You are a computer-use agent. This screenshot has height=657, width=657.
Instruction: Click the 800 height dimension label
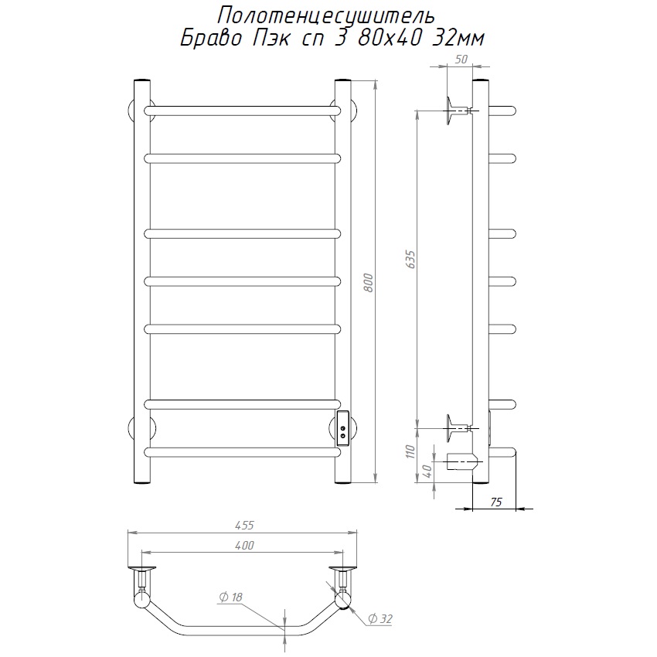(367, 283)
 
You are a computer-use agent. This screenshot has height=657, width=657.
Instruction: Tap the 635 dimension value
(410, 260)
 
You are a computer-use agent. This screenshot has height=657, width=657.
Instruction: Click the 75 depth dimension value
(495, 502)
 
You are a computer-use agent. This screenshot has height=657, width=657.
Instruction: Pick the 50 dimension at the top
(461, 59)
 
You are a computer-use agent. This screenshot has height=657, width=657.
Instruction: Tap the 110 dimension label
(410, 451)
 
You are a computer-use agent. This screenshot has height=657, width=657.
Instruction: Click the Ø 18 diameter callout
(231, 597)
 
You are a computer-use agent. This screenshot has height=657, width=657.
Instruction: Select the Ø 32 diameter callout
(380, 618)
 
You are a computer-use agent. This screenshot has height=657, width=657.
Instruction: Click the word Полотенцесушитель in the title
(326, 16)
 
